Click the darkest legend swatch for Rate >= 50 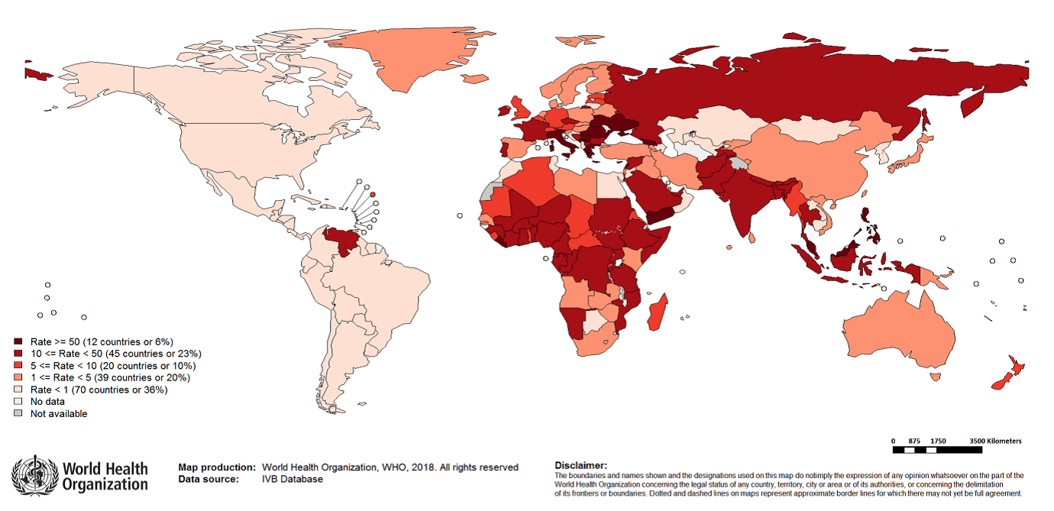pyautogui.click(x=18, y=341)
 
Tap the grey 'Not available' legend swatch pyautogui.click(x=18, y=414)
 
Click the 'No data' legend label pyautogui.click(x=47, y=402)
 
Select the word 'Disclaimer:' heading pyautogui.click(x=581, y=465)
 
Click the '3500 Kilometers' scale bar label pyautogui.click(x=995, y=441)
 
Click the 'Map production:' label pyautogui.click(x=217, y=467)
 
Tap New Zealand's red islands pyautogui.click(x=1004, y=374)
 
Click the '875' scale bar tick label pyautogui.click(x=916, y=441)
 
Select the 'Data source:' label pyautogui.click(x=208, y=480)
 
